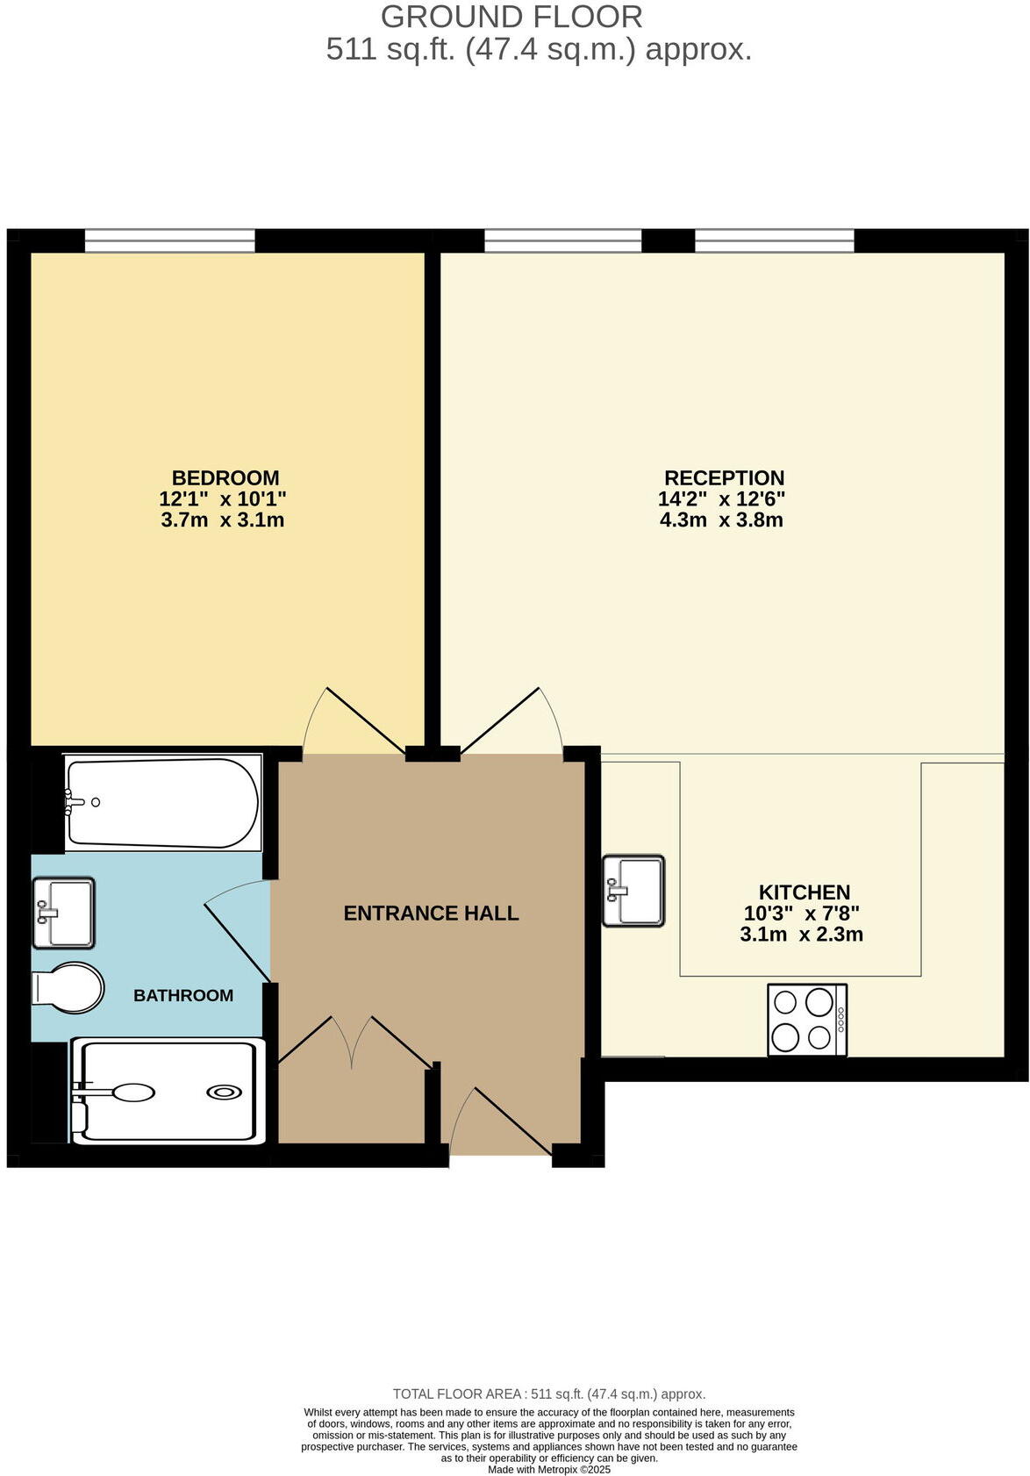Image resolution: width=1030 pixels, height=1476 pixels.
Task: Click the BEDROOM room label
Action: click(225, 478)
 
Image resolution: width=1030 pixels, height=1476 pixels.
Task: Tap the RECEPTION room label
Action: click(724, 478)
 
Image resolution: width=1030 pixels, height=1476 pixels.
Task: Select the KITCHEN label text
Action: click(805, 892)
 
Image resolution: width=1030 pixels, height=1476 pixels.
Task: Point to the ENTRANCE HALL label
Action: click(431, 914)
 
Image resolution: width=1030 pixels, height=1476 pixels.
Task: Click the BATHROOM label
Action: click(183, 995)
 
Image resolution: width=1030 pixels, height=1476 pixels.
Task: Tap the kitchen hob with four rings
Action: click(806, 1020)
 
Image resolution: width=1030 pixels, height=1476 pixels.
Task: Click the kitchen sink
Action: click(633, 891)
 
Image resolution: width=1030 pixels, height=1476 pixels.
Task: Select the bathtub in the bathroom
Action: click(163, 803)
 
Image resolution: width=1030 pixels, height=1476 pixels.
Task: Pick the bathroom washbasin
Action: click(63, 913)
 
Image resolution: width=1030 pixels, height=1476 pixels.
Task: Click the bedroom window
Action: click(170, 240)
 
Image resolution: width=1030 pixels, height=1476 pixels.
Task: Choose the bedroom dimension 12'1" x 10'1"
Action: click(223, 499)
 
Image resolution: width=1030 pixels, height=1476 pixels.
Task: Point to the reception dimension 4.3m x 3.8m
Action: click(721, 520)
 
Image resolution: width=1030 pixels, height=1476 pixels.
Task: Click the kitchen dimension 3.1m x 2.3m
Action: click(801, 935)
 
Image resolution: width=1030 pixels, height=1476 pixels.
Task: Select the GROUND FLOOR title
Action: click(511, 17)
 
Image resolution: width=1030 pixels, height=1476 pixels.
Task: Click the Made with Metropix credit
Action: click(549, 1469)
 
